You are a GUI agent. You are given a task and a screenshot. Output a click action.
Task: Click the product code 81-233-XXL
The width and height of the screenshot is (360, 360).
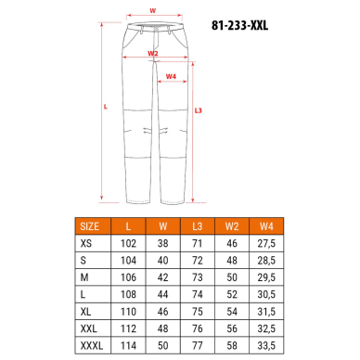pos(239,25)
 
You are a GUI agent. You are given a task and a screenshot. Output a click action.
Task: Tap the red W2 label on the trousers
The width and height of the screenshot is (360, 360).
pos(153,53)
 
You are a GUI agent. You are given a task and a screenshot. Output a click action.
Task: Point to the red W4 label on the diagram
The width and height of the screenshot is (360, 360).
pos(171,76)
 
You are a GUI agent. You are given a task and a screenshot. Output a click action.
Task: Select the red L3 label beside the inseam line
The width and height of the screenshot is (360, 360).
pos(199,110)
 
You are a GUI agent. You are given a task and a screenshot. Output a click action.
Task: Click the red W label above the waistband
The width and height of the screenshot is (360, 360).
pos(153,11)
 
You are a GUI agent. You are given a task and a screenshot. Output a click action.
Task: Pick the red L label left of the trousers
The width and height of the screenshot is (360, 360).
pos(106,107)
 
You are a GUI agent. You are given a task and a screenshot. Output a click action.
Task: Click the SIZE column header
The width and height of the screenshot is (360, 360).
pos(90,226)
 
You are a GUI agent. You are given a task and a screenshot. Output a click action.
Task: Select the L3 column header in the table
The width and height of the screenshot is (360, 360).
pos(198,226)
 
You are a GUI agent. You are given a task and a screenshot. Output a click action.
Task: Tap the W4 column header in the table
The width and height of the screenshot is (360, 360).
pos(266,226)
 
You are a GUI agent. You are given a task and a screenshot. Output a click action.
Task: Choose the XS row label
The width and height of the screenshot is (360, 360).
pos(86,243)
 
